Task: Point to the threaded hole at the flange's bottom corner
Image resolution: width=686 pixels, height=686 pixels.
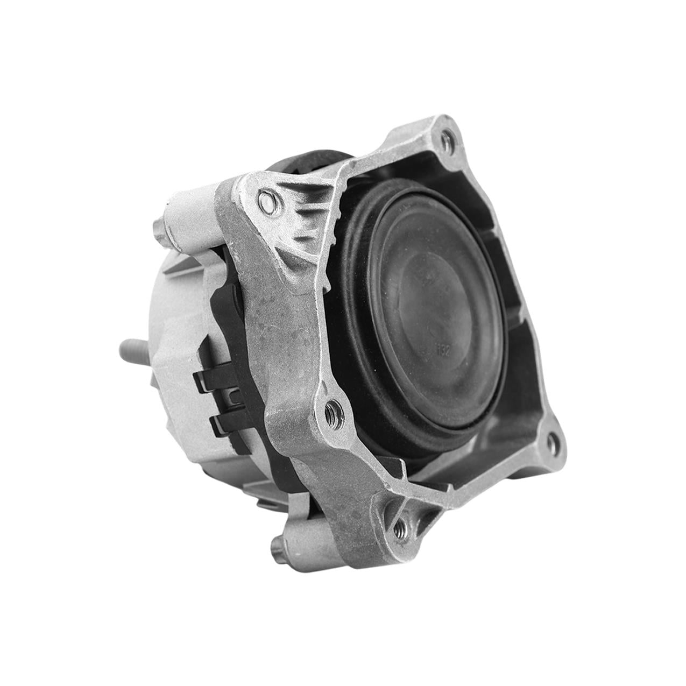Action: pyautogui.click(x=399, y=530)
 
